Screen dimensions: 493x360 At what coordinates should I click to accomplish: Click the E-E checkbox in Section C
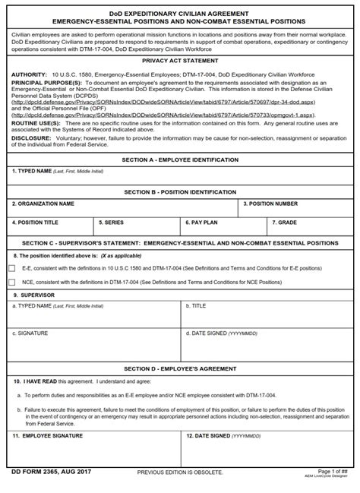pyautogui.click(x=11, y=268)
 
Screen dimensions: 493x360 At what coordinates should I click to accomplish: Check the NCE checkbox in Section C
pyautogui.click(x=11, y=281)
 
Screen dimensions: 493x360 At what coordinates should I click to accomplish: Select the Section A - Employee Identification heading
pyautogui.click(x=179, y=160)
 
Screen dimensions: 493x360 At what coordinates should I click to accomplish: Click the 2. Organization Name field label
pyautogui.click(x=43, y=204)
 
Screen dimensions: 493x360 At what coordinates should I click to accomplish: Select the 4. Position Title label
pyautogui.click(x=36, y=223)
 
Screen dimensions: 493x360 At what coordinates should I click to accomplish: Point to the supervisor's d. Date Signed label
pyautogui.click(x=215, y=333)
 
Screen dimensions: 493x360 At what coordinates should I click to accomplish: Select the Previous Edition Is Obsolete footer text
pyautogui.click(x=180, y=472)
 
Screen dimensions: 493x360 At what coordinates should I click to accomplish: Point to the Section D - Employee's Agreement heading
pyautogui.click(x=179, y=368)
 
